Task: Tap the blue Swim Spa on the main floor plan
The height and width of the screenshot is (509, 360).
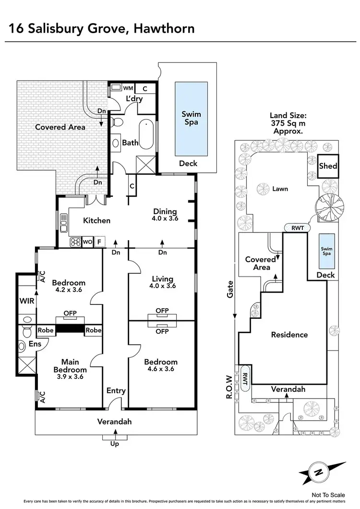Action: pos(191,118)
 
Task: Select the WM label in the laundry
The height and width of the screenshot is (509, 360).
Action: pos(128,88)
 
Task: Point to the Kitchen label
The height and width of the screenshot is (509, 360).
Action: pos(97,221)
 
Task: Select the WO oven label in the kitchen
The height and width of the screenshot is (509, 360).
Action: pos(87,242)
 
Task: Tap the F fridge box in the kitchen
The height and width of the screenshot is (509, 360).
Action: pos(99,242)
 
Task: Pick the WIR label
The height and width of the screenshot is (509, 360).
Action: pos(26,301)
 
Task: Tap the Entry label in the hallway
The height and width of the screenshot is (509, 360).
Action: pos(116,390)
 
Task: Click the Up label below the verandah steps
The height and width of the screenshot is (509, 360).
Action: pos(115,444)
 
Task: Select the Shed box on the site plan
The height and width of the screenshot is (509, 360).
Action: pos(328,167)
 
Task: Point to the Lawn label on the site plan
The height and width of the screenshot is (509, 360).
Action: pos(280,189)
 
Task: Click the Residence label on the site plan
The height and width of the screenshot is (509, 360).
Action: pos(289,335)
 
